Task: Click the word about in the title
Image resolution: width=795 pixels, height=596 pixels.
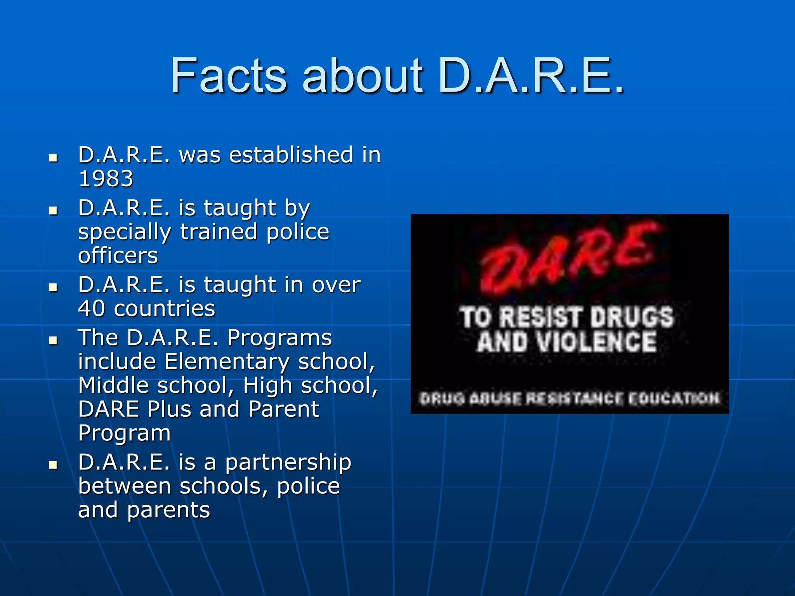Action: (363, 76)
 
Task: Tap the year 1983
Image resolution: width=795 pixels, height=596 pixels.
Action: (106, 179)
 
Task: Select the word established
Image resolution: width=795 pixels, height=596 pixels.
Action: (291, 155)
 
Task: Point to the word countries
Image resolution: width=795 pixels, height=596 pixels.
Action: (165, 309)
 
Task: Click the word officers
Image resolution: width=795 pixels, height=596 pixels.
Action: (118, 256)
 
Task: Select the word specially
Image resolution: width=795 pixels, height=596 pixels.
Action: (124, 232)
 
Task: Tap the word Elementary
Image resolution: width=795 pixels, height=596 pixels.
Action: (227, 362)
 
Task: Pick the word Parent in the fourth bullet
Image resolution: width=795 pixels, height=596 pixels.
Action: (284, 409)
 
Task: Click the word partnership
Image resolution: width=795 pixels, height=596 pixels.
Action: (288, 463)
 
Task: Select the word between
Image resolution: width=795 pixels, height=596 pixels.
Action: (124, 486)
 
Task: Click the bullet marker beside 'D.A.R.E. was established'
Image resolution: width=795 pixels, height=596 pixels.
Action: (53, 158)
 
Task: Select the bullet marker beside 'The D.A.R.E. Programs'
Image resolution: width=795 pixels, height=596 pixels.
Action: (53, 341)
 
